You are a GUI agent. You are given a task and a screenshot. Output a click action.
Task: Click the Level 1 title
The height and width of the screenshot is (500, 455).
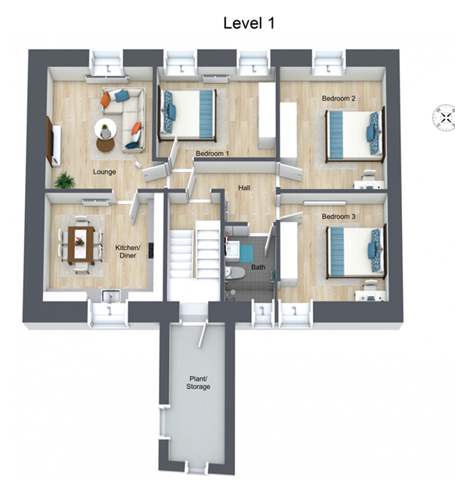(249, 23)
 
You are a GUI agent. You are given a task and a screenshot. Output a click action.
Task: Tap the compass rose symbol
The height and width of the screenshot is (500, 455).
(444, 118)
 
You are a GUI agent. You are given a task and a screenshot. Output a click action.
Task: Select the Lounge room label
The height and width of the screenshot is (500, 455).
(104, 172)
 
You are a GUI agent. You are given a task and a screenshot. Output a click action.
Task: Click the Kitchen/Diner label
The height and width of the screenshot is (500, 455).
(128, 252)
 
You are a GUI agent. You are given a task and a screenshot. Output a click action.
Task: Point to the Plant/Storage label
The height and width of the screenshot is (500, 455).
(198, 383)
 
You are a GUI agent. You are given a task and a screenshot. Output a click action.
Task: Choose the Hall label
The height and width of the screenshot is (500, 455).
(244, 188)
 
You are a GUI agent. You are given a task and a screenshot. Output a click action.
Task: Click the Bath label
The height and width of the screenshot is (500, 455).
(258, 267)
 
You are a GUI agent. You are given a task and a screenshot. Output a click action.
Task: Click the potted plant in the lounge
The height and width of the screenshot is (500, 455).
(65, 180)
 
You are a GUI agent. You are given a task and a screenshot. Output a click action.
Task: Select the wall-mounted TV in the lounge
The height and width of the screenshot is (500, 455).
(50, 140)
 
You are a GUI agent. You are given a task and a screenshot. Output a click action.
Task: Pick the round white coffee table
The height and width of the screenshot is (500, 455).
(105, 129)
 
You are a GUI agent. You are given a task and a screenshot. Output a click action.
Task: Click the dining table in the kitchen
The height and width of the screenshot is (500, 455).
(81, 245)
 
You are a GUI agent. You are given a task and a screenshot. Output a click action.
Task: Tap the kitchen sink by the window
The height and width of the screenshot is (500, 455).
(110, 296)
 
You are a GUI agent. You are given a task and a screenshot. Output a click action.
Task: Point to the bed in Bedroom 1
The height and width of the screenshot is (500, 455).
(187, 115)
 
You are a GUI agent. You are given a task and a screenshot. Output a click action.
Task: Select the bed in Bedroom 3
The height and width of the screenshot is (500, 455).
(356, 252)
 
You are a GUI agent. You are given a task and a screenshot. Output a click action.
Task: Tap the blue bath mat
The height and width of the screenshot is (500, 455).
(246, 254)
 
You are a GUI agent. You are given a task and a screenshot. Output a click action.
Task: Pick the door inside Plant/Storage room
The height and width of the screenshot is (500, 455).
(203, 334)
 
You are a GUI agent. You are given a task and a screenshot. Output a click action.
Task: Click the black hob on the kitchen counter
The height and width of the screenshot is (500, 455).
(151, 251)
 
